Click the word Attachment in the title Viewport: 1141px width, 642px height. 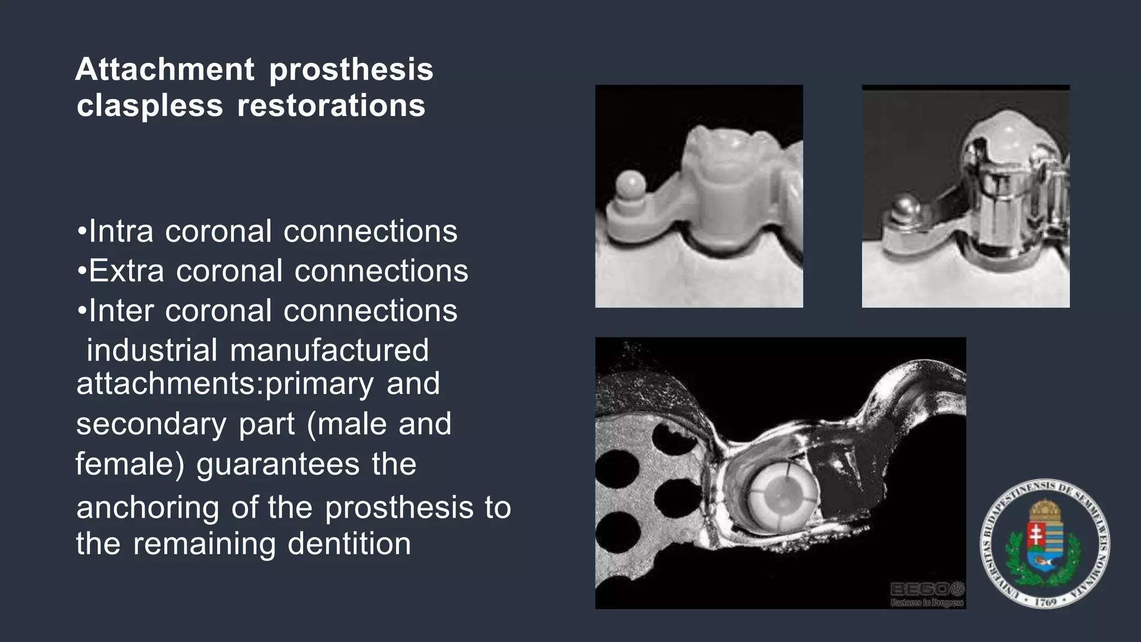point(165,70)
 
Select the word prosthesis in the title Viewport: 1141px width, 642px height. point(351,70)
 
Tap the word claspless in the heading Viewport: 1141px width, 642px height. point(149,106)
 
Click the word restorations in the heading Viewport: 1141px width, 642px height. point(331,106)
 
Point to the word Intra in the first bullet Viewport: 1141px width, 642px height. point(121,231)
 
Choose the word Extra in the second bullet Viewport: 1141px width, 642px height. point(126,271)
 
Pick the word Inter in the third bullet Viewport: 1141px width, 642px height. point(121,311)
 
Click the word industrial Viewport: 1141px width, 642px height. point(152,351)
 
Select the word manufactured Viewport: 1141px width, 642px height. point(329,351)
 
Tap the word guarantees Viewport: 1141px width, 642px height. point(278,464)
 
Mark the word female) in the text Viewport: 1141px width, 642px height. point(130,464)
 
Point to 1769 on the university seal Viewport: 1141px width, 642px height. point(1045,602)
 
